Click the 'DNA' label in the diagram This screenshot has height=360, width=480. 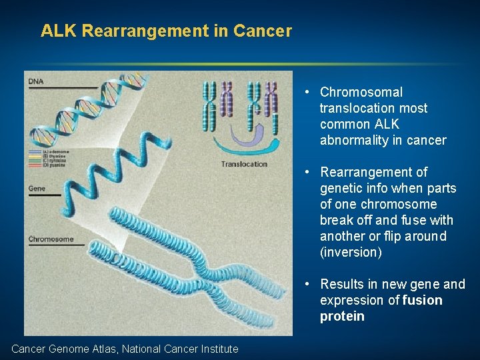[35, 81]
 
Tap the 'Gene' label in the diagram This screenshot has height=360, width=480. [37, 189]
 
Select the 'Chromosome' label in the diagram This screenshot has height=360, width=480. [51, 239]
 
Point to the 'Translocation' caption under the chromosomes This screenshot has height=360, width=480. [244, 164]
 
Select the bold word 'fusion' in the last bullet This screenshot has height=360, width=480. [423, 300]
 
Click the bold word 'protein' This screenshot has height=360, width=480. [342, 316]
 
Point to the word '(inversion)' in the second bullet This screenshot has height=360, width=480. [351, 252]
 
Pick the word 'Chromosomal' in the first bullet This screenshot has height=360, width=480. [361, 92]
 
